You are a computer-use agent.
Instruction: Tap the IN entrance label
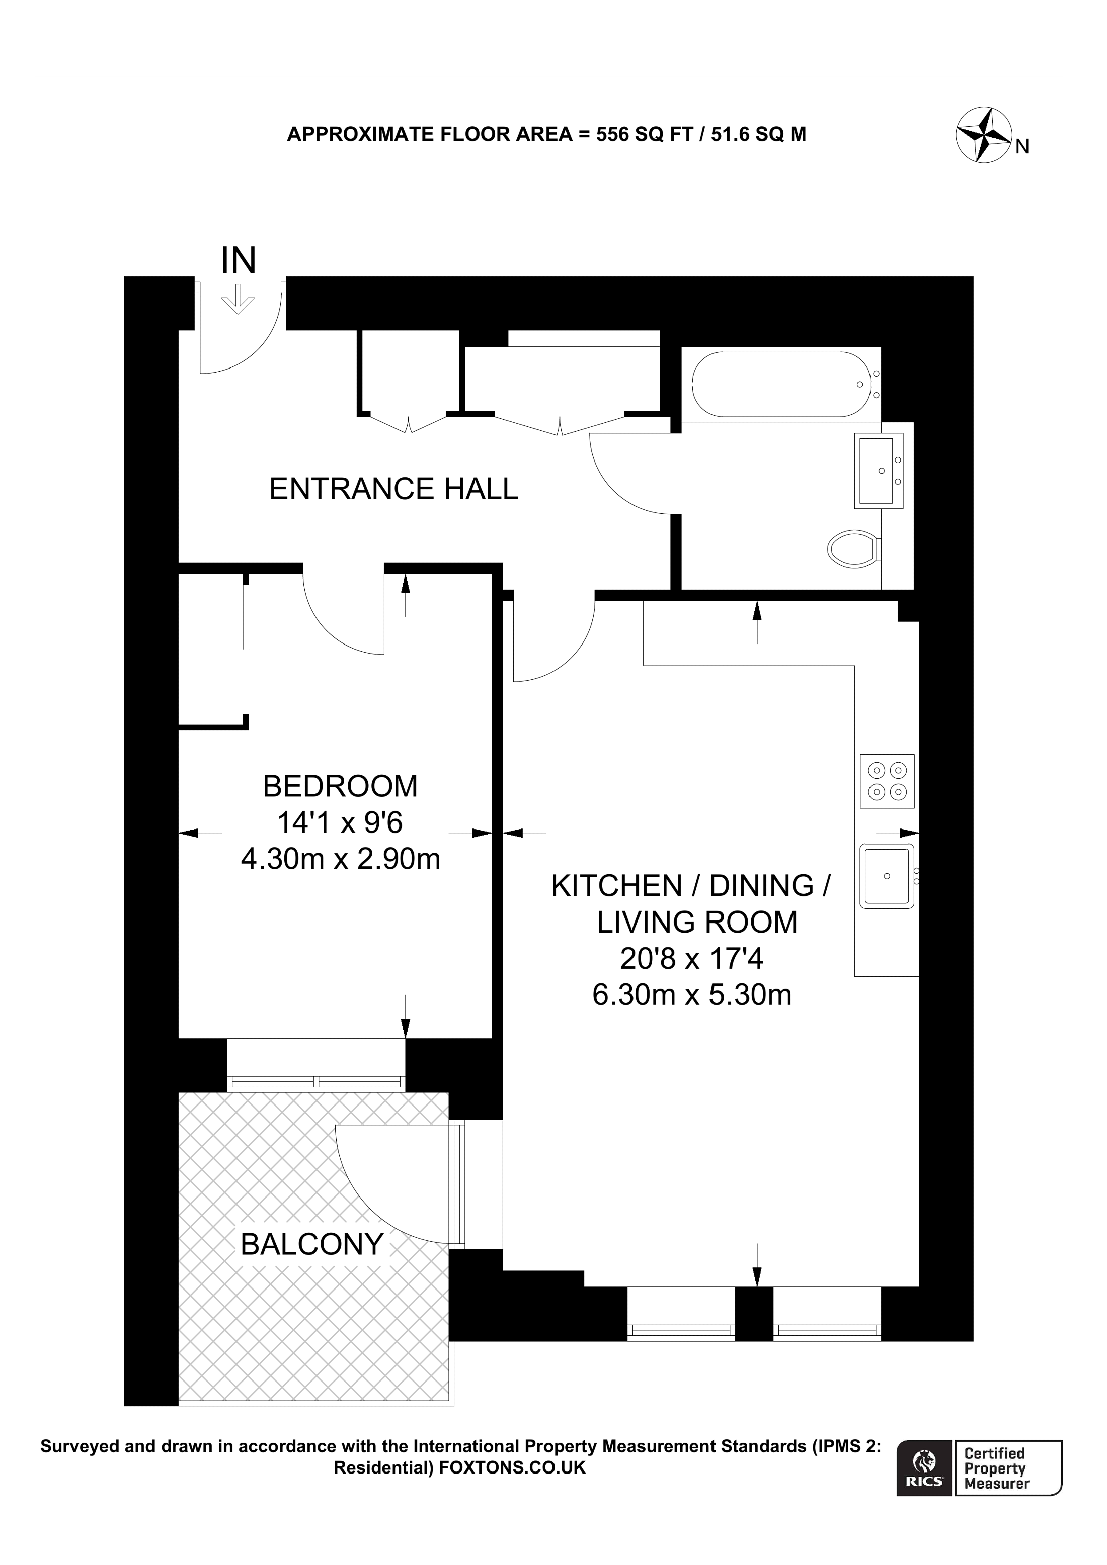pyautogui.click(x=238, y=261)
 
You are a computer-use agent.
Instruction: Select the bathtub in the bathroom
pyautogui.click(x=780, y=385)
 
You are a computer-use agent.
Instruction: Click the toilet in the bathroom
pyautogui.click(x=852, y=548)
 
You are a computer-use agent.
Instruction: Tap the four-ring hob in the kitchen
pyautogui.click(x=887, y=781)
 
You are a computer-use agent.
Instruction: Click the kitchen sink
pyautogui.click(x=887, y=877)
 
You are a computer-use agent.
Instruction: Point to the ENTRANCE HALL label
pyautogui.click(x=393, y=489)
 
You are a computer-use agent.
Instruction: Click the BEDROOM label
pyautogui.click(x=340, y=787)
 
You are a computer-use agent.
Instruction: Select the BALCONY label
pyautogui.click(x=311, y=1245)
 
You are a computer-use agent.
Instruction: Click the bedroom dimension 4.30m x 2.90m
pyautogui.click(x=340, y=859)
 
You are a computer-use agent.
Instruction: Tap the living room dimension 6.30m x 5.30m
pyautogui.click(x=691, y=995)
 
